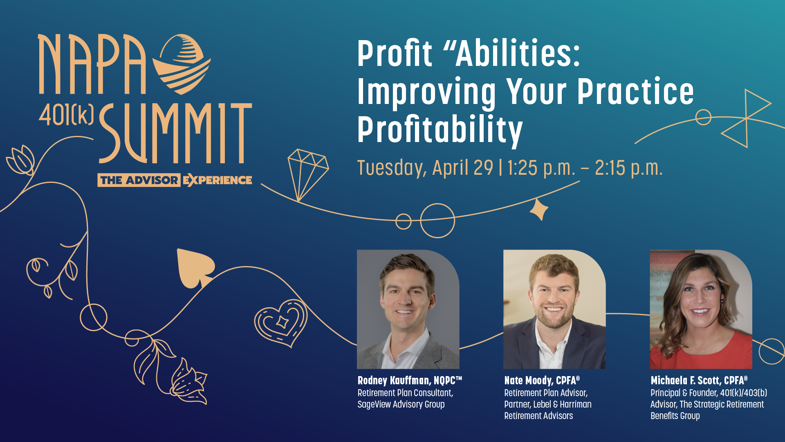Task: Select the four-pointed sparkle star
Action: click(539, 209)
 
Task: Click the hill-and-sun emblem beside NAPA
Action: click(182, 64)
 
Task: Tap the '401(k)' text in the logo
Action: click(66, 115)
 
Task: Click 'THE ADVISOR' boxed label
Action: click(139, 180)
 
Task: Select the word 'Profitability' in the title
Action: click(440, 130)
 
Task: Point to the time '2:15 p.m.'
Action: click(628, 168)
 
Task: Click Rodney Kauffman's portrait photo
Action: click(408, 309)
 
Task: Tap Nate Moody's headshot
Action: click(554, 309)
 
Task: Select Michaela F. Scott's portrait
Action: click(701, 309)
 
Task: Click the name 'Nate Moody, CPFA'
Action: click(542, 381)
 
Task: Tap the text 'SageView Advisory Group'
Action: click(401, 404)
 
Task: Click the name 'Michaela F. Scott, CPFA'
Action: click(699, 381)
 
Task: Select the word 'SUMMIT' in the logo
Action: click(175, 133)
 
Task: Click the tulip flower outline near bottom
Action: click(189, 381)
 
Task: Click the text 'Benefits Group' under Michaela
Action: click(675, 416)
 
